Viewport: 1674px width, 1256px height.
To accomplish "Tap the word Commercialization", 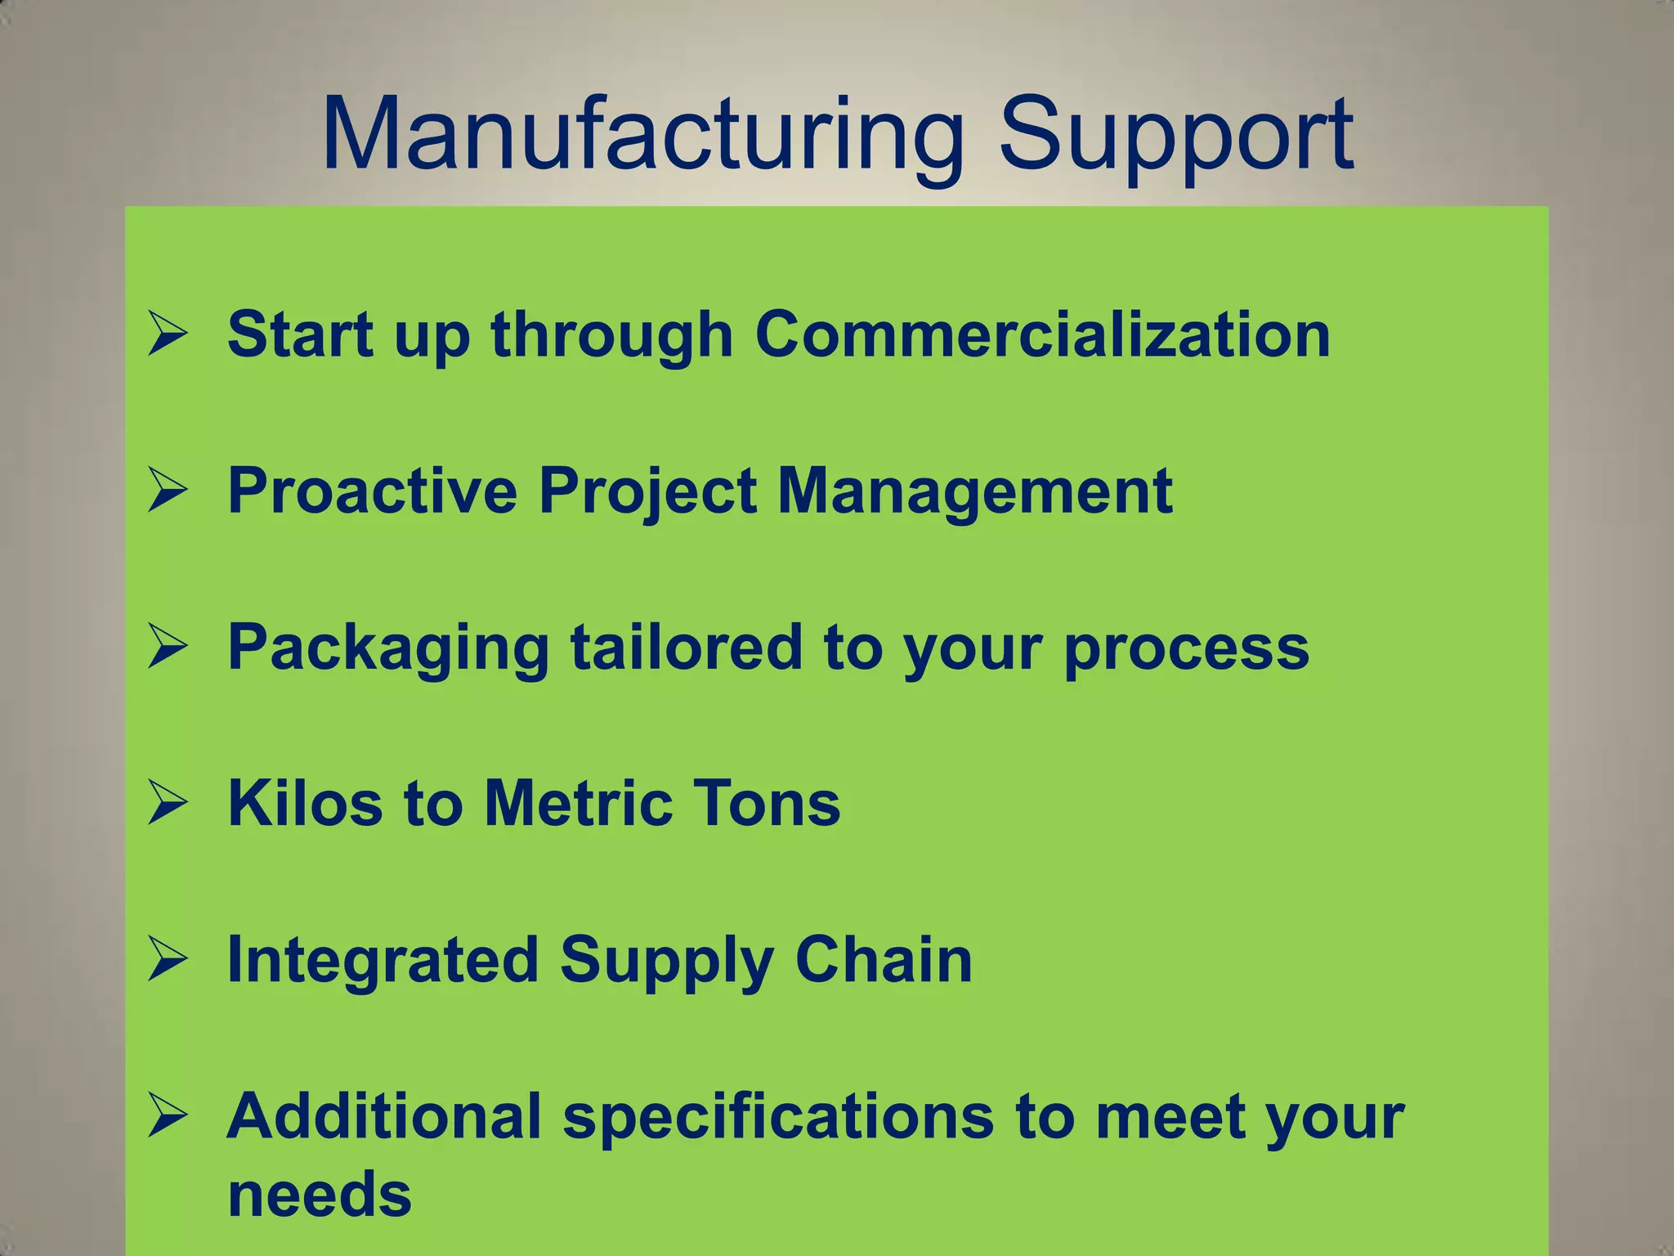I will click(x=1042, y=334).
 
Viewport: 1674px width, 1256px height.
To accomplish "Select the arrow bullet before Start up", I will click(x=168, y=335).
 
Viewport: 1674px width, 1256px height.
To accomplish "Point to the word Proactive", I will click(x=372, y=491).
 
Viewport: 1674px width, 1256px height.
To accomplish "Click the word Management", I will click(x=974, y=491).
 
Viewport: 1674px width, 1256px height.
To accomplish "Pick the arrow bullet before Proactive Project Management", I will click(x=168, y=491).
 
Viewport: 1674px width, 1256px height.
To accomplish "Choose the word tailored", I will click(x=687, y=647).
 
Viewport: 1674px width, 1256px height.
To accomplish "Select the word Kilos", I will click(x=305, y=804).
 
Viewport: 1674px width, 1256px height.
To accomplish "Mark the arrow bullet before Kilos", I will click(x=168, y=804).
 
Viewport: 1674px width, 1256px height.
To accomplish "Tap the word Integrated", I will click(x=383, y=960).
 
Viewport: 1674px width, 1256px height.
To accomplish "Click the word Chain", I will click(x=884, y=960).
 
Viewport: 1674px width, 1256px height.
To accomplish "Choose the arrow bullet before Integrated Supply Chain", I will click(x=168, y=960).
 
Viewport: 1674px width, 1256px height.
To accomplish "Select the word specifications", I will click(x=778, y=1118).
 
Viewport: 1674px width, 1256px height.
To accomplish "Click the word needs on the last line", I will click(x=320, y=1195).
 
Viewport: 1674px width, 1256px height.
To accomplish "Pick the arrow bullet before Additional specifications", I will click(x=168, y=1117).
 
